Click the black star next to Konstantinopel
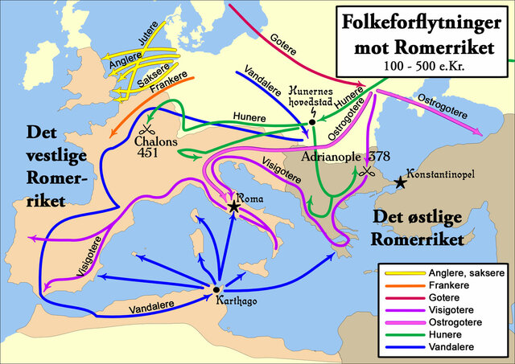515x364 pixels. click(400, 183)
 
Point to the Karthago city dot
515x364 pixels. click(216, 289)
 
